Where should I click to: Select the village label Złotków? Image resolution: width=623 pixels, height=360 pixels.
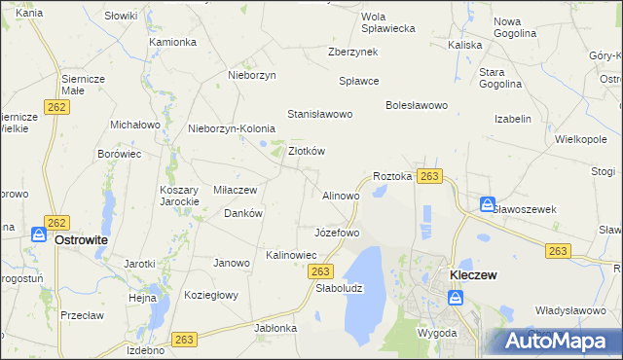(307, 151)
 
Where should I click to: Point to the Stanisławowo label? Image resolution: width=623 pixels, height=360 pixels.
(319, 114)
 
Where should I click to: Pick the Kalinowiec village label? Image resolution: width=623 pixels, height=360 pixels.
(292, 255)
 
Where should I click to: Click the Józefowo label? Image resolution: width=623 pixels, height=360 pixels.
(337, 234)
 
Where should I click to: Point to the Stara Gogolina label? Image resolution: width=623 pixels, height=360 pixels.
(499, 78)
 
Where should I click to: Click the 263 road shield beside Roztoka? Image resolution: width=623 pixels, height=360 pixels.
(431, 176)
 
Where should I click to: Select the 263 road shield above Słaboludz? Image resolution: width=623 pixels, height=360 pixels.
(324, 270)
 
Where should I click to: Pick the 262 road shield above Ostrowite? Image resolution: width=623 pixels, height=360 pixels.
(56, 223)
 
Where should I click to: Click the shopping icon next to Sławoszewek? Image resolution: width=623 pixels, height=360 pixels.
(487, 204)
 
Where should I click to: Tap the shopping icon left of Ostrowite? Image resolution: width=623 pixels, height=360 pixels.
(38, 235)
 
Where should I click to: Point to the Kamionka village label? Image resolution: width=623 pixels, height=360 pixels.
(173, 43)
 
